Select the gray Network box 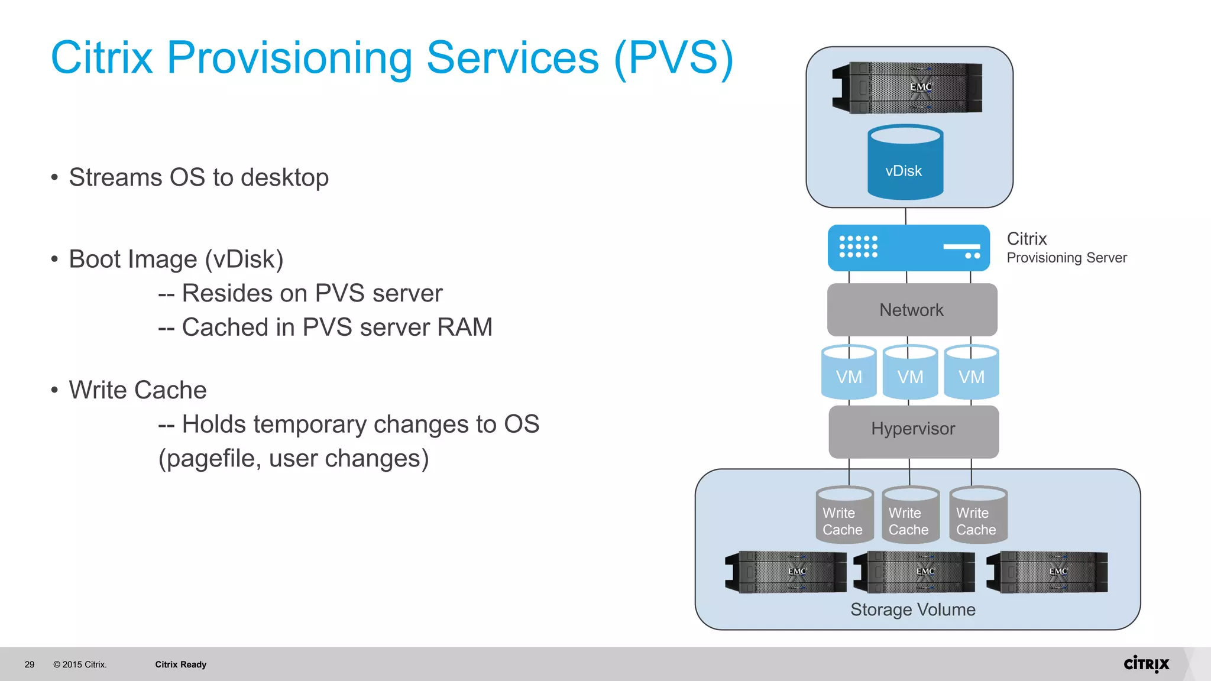pos(912,310)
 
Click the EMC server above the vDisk pos(908,87)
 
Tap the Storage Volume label pos(912,609)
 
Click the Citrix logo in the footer pos(1146,664)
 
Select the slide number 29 pos(30,664)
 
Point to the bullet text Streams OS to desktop pos(199,177)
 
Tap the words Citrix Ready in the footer pos(180,664)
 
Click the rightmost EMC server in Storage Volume pos(1047,572)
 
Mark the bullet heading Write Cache pos(138,390)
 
